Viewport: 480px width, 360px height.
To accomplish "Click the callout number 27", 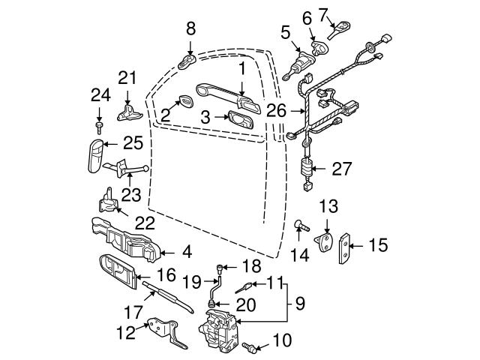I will [x=341, y=169].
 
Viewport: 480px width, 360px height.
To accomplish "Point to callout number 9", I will [x=300, y=304].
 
